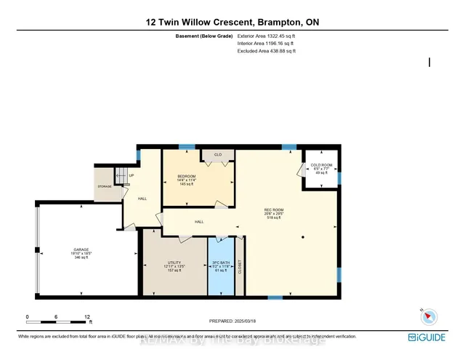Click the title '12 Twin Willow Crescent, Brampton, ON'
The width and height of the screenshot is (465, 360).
232,23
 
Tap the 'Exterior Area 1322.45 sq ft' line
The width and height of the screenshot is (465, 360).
267,35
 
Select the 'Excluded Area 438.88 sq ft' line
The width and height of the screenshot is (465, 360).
267,51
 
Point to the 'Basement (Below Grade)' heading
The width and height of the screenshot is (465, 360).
204,35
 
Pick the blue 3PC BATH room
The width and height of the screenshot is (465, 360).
222,268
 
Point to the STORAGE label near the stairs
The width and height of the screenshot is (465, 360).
105,187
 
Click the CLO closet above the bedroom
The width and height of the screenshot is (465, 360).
217,156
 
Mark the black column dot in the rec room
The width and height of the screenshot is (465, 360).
303,238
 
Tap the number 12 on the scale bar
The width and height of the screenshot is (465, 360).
87,317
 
